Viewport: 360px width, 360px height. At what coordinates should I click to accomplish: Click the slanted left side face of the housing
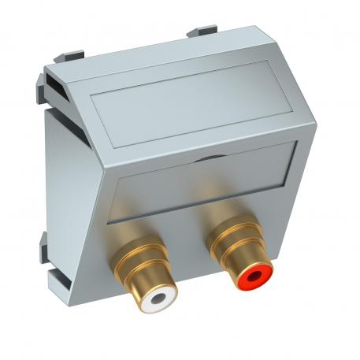pyautogui.click(x=75, y=197)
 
